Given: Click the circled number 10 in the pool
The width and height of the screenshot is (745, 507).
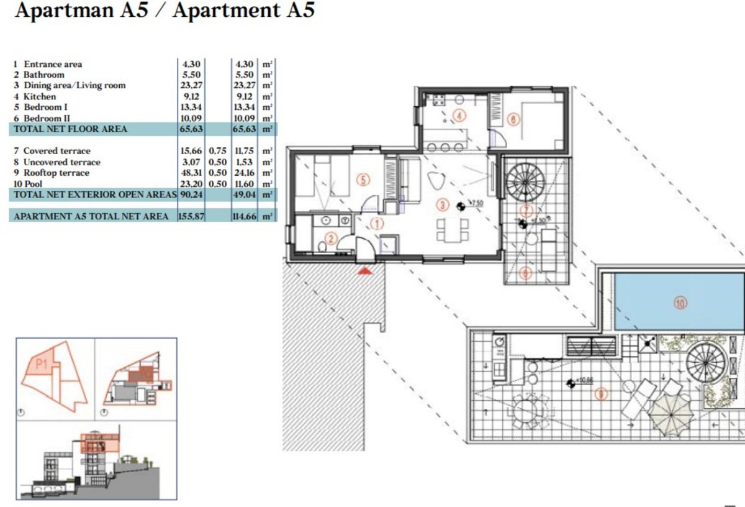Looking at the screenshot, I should [681, 303].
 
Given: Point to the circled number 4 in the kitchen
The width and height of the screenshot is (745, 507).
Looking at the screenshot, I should [459, 115].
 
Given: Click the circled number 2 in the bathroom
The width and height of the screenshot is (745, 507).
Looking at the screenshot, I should [331, 238].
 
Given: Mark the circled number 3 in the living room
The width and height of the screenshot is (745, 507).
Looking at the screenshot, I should [442, 204].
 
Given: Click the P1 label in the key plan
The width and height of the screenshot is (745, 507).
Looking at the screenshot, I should [42, 365].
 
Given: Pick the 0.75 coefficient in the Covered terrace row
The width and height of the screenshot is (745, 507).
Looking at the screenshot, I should [217, 151].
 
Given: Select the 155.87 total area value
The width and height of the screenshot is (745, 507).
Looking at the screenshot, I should [191, 216].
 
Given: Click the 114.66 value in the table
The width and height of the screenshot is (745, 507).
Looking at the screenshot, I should [246, 216].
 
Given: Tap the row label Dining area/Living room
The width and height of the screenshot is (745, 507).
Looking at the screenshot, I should [74, 86].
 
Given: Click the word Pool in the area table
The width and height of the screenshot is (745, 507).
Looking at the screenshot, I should [34, 184].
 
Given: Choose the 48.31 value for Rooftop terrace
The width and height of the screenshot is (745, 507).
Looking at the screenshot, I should [190, 173].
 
